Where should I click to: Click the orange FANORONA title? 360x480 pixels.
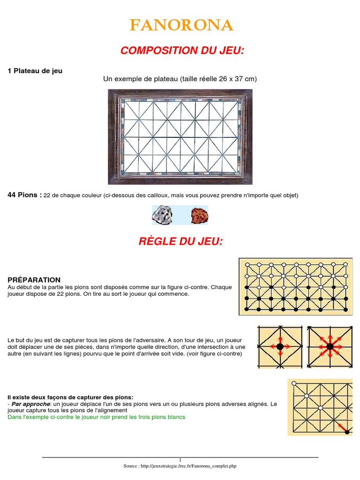(x=180, y=25)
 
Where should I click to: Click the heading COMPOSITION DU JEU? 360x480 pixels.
(x=182, y=51)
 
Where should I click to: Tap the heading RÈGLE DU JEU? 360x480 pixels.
(x=180, y=241)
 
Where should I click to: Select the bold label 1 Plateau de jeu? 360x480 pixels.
(x=35, y=71)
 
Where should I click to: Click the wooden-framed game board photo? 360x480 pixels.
(x=180, y=137)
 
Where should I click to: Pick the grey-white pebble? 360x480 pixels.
(x=162, y=215)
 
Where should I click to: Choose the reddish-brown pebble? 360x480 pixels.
(x=199, y=215)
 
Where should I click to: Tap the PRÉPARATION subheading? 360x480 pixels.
(x=34, y=280)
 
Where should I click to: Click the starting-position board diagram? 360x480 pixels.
(x=295, y=286)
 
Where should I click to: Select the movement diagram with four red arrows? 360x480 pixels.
(x=280, y=346)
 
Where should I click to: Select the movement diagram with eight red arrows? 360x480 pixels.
(x=330, y=346)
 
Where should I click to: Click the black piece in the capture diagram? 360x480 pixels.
(x=347, y=432)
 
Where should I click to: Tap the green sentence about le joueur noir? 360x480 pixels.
(x=97, y=417)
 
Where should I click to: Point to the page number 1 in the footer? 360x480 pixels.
(x=180, y=460)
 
